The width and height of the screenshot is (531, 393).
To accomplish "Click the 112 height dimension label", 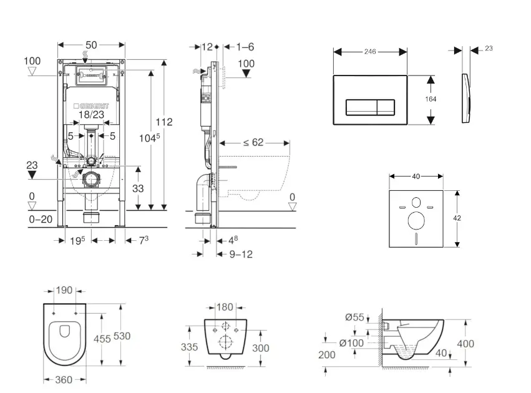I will coord(164,122).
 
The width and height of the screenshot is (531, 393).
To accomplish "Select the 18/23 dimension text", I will coord(92,115).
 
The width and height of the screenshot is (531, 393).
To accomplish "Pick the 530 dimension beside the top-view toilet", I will coord(123,336).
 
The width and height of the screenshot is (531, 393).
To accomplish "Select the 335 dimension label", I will coord(191,346).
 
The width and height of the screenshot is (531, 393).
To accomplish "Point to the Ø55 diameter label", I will coord(354,317).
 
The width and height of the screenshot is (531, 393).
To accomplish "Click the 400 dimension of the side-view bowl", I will coord(465,344).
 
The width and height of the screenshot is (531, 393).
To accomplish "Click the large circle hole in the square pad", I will coord(416,220).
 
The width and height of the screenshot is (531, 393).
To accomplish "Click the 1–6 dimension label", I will coord(246,47).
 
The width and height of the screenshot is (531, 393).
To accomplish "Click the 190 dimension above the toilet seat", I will coord(65,291).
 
